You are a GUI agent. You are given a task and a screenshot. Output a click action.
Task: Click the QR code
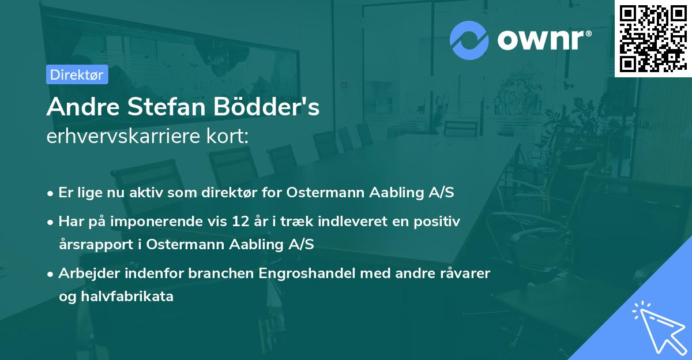pos(653,39)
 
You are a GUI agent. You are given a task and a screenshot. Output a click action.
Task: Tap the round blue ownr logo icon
pos(469,39)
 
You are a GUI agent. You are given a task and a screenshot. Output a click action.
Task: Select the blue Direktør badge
pos(77,74)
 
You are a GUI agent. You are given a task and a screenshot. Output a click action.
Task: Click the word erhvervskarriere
pos(123,137)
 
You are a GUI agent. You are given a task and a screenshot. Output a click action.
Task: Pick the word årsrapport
pos(96,244)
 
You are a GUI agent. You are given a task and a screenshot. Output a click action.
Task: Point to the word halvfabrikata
pos(124,297)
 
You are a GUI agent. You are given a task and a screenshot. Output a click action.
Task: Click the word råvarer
pos(464,273)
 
